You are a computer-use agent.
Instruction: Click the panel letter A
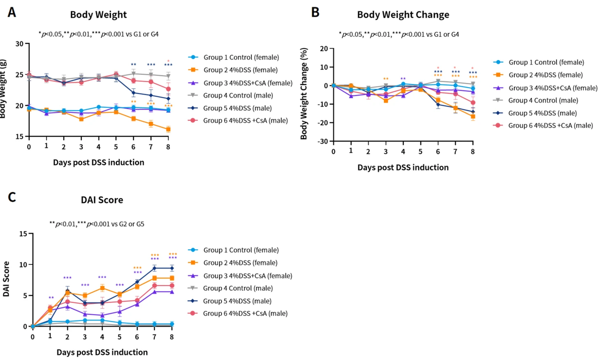tap(12, 12)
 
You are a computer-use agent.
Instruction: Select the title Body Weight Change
tap(403, 15)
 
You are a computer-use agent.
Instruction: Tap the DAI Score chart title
tap(102, 200)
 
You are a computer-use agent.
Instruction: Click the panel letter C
tap(12, 198)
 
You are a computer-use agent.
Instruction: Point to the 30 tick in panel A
tap(19, 44)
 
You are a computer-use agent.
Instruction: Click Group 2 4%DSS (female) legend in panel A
tap(240, 70)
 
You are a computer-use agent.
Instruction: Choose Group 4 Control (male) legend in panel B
tap(543, 100)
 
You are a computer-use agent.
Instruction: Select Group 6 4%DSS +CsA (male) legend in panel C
tap(245, 313)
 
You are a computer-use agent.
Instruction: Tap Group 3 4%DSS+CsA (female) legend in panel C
tap(248, 276)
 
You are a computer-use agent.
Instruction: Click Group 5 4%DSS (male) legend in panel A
tap(237, 108)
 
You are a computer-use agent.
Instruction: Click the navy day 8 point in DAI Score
tap(172, 268)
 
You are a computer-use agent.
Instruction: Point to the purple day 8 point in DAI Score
tap(172, 292)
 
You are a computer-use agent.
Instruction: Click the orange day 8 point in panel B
tap(472, 116)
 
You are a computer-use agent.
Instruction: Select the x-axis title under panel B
tap(403, 167)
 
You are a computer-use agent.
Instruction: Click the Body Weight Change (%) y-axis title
tap(304, 94)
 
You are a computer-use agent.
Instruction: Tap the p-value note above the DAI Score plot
tap(97, 224)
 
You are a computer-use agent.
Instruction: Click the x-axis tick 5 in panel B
tap(420, 152)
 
